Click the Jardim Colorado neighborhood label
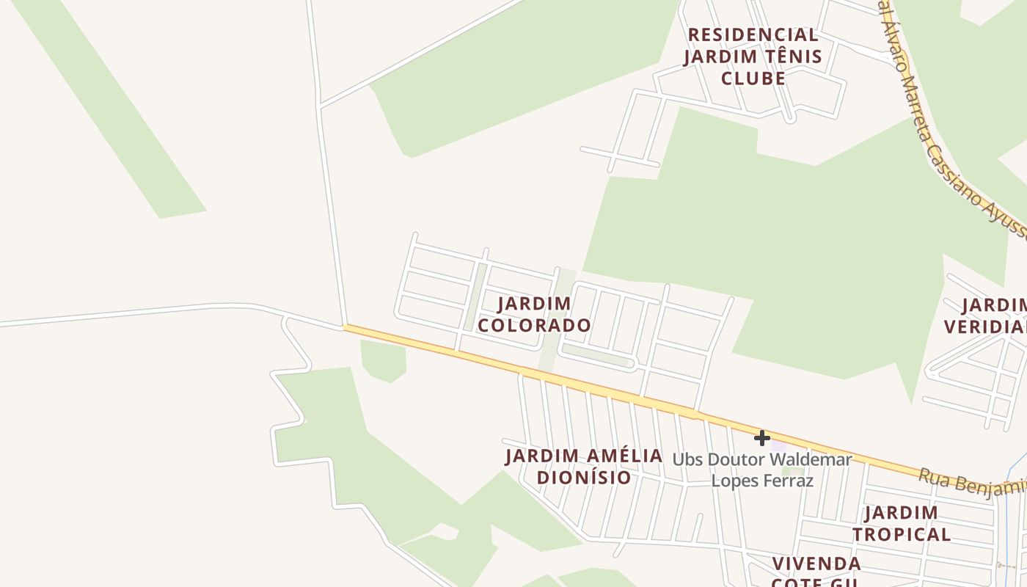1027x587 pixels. [534, 314]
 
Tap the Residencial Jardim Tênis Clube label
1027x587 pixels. [753, 56]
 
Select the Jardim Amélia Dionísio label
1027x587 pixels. [584, 467]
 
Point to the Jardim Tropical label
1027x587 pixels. [902, 523]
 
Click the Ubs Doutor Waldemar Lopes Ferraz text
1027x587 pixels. [762, 470]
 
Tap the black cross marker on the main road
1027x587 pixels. [762, 438]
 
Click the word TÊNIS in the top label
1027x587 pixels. [787, 56]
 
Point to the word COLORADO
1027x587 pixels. [534, 325]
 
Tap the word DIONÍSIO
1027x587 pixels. [584, 478]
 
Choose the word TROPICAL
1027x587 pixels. [902, 534]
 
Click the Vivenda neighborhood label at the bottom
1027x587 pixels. [816, 564]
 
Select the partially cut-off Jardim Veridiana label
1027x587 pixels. [987, 316]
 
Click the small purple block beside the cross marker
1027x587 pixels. [778, 445]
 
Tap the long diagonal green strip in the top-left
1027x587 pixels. [110, 110]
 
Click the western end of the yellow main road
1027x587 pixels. [348, 328]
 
